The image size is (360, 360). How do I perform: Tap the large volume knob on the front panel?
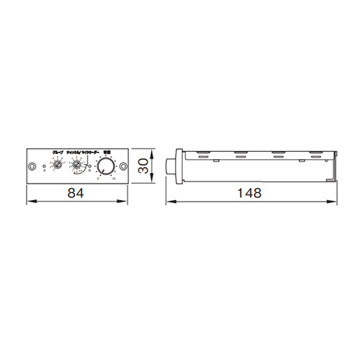[106, 167]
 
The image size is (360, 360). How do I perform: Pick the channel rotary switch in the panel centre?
[77, 166]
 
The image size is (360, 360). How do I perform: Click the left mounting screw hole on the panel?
[31, 167]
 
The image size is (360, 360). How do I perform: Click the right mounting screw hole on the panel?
[123, 167]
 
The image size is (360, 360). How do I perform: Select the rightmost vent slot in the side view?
[314, 155]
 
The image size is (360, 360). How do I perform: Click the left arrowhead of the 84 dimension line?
[29, 203]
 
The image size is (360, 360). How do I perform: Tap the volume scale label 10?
[114, 178]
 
